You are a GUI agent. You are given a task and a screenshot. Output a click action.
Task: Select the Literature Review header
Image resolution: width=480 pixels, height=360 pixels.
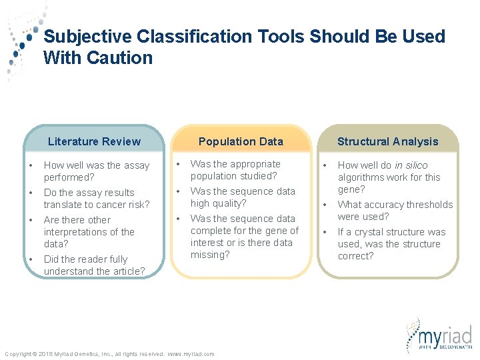(x=94, y=141)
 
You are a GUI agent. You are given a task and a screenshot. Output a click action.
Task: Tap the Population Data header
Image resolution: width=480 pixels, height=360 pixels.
(x=241, y=141)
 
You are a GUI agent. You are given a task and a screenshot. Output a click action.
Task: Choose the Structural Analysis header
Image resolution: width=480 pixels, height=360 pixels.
(x=387, y=141)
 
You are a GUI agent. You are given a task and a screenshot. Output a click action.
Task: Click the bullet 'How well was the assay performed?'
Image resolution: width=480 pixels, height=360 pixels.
(x=97, y=171)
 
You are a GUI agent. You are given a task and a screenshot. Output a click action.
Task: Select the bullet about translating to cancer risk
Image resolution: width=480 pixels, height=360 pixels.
(x=97, y=199)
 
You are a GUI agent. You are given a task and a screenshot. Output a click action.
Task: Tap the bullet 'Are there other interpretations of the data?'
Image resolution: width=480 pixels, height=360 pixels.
(x=89, y=232)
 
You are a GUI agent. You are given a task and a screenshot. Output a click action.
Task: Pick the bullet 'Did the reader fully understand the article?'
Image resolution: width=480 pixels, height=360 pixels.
(x=94, y=265)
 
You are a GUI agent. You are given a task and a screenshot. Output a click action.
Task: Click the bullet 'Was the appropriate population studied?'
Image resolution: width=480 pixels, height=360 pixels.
(x=235, y=170)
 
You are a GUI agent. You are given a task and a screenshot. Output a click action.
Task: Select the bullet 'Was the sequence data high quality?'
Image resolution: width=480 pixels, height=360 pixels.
(x=243, y=197)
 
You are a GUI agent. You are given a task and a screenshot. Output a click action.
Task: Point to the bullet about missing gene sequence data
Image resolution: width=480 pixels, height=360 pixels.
(x=244, y=237)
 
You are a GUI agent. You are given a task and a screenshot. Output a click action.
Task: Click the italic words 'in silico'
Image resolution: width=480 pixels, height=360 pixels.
(x=411, y=165)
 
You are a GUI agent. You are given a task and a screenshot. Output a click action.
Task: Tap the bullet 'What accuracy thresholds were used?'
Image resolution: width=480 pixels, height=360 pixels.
(x=395, y=211)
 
